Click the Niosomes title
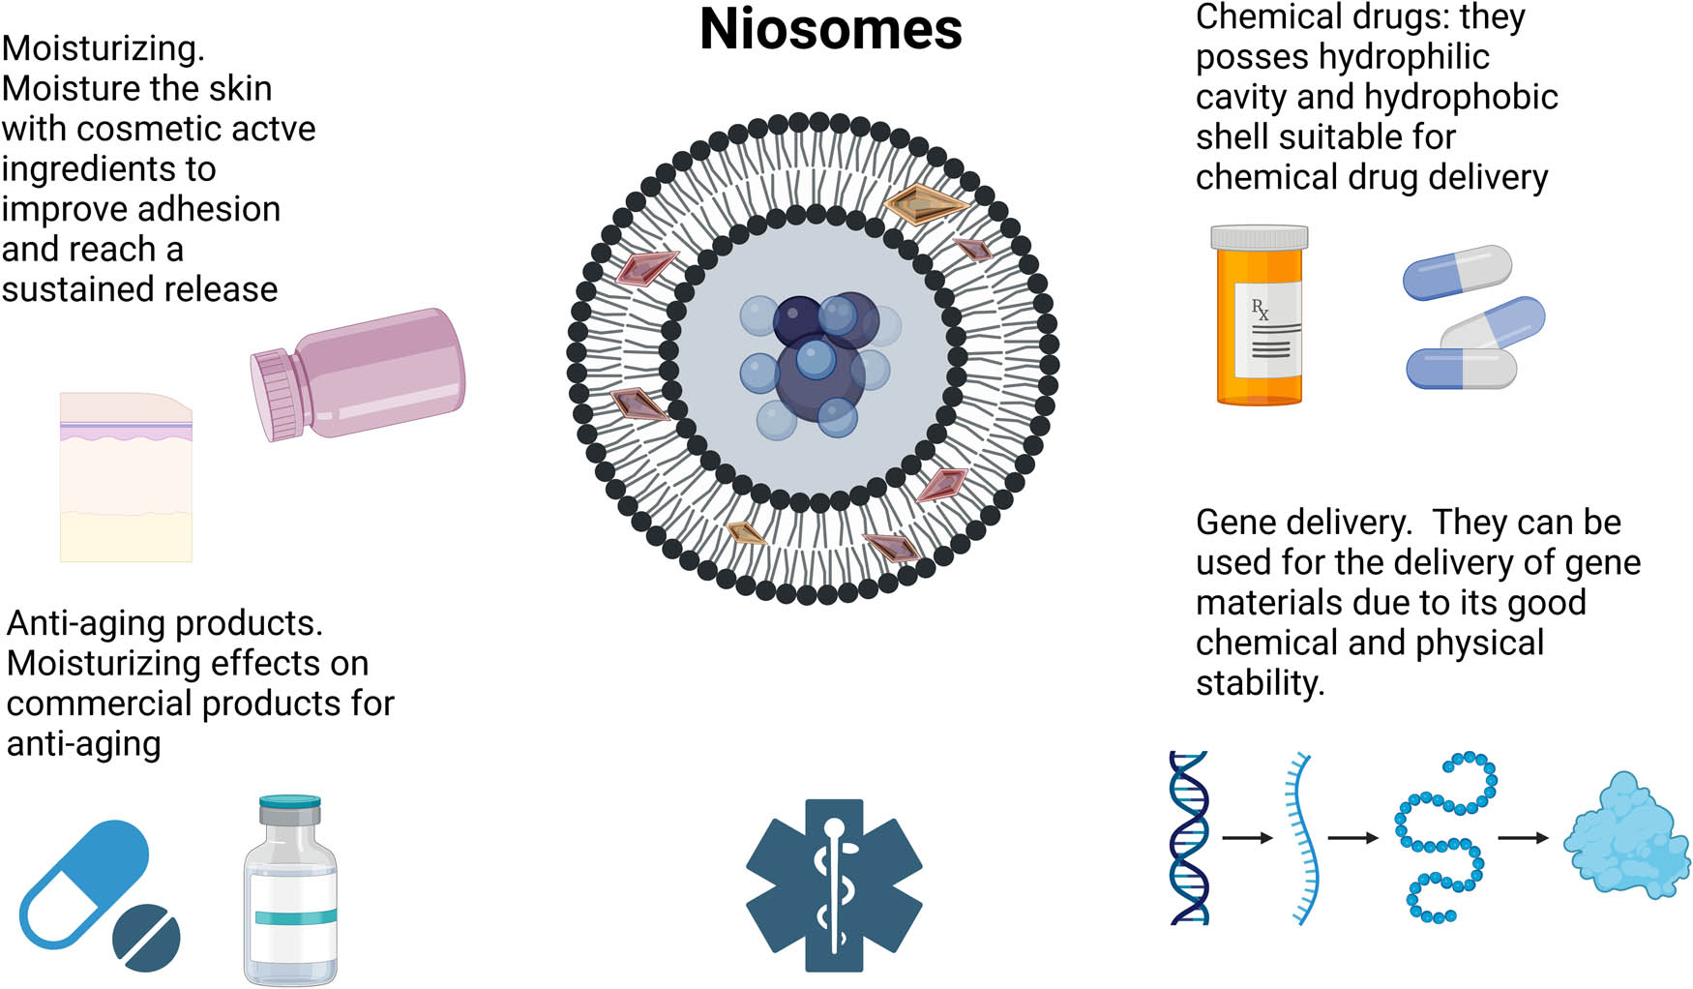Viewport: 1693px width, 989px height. pos(830,29)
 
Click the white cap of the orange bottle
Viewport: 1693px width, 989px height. pos(1259,238)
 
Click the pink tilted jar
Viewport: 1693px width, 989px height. pos(368,373)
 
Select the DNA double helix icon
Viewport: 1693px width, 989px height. pos(1189,838)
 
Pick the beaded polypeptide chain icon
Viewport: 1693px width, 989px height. pos(1444,837)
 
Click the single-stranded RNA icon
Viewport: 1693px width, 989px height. pos(1303,838)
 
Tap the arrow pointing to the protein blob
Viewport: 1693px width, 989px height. pos(1523,838)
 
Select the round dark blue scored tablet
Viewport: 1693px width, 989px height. pos(146,938)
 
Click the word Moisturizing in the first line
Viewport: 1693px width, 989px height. pos(103,48)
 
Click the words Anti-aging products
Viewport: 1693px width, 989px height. pos(164,623)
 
